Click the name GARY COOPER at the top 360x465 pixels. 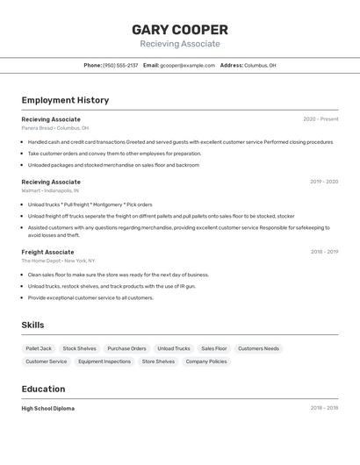click(x=180, y=29)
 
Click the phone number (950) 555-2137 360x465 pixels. click(x=120, y=65)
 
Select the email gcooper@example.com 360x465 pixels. click(x=187, y=65)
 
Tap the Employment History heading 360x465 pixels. click(x=65, y=100)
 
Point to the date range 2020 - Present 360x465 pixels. click(x=320, y=119)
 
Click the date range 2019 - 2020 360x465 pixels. click(x=323, y=182)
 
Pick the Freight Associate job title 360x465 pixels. click(x=47, y=252)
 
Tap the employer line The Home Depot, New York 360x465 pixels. click(x=58, y=261)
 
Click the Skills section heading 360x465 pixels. click(x=32, y=325)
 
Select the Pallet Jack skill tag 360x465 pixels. click(x=39, y=348)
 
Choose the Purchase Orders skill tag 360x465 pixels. click(x=126, y=348)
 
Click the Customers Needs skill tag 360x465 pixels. click(x=258, y=348)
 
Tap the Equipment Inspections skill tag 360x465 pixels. click(x=104, y=361)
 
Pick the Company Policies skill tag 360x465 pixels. click(x=206, y=361)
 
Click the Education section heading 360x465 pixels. click(x=43, y=389)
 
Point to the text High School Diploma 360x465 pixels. click(x=47, y=408)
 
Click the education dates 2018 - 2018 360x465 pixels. click(x=324, y=408)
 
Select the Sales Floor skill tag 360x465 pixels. click(x=214, y=348)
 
